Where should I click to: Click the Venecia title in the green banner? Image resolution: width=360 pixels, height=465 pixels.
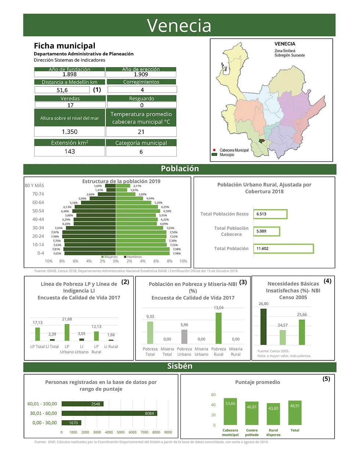[179, 26]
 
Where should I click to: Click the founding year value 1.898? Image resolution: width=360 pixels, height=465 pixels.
[69, 74]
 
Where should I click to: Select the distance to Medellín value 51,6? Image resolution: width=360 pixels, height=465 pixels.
[62, 90]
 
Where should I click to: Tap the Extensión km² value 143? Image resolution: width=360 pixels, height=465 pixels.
[69, 151]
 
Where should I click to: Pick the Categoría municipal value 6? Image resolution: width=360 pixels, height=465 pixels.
[141, 152]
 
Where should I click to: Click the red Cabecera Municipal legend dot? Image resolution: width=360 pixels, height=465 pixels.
[214, 150]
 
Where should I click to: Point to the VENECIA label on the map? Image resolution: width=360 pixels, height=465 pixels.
[285, 44]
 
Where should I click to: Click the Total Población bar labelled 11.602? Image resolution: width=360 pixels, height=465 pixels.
[283, 248]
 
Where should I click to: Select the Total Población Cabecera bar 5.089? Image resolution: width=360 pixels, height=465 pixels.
[266, 231]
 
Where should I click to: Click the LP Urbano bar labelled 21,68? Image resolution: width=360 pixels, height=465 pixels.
[67, 332]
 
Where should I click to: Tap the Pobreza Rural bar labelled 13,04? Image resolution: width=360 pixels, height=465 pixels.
[219, 328]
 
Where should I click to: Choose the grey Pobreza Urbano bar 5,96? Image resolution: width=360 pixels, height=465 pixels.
[184, 337]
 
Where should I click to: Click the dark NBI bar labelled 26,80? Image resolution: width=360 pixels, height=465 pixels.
[263, 326]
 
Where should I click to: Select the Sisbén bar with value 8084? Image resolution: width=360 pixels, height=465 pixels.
[109, 413]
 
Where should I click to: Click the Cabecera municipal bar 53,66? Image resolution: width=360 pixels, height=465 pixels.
[230, 411]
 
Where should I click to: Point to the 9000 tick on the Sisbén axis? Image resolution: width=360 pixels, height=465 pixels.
[168, 432]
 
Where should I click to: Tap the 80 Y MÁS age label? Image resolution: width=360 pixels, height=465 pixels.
[35, 185]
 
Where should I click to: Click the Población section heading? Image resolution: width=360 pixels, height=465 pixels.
[180, 169]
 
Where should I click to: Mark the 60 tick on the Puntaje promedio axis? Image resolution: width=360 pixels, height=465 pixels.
[213, 395]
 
